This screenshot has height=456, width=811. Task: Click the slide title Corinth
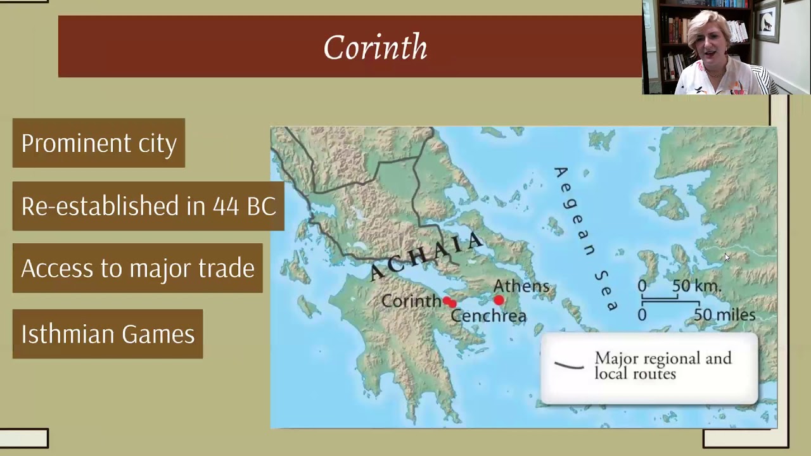pos(375,47)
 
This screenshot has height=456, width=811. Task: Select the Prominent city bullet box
pos(99,143)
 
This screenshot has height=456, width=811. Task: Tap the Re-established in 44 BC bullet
pos(148,206)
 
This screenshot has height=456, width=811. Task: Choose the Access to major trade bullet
pos(137,268)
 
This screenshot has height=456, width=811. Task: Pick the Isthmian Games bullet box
pos(108,334)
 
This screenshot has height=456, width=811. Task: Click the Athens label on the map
pos(521,286)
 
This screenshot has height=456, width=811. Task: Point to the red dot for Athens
pos(499,300)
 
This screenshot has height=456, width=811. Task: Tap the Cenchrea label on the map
pos(489,315)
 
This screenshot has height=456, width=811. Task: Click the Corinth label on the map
pos(411,301)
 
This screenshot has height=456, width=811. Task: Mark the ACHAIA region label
pos(426,256)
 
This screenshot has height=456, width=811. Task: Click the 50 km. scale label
pos(696,286)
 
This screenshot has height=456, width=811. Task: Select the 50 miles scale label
pos(724,315)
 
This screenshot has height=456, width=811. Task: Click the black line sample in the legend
pos(569,365)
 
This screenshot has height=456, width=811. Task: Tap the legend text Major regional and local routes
pos(663,366)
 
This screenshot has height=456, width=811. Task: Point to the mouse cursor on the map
pos(727,257)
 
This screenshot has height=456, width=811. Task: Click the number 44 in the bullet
pos(225,206)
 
